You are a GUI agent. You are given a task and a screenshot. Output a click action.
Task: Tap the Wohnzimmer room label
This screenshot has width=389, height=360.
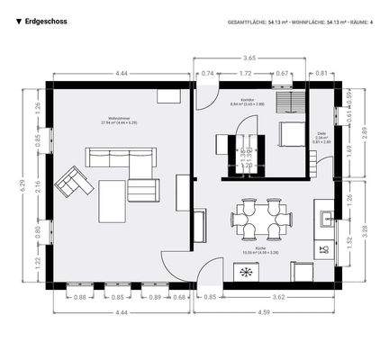122,118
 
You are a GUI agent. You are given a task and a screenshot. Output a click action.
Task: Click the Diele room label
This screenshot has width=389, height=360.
321,135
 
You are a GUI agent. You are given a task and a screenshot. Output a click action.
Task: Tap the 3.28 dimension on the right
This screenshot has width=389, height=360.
364,230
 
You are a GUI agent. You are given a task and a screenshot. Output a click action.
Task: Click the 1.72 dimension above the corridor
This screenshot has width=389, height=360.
245,73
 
